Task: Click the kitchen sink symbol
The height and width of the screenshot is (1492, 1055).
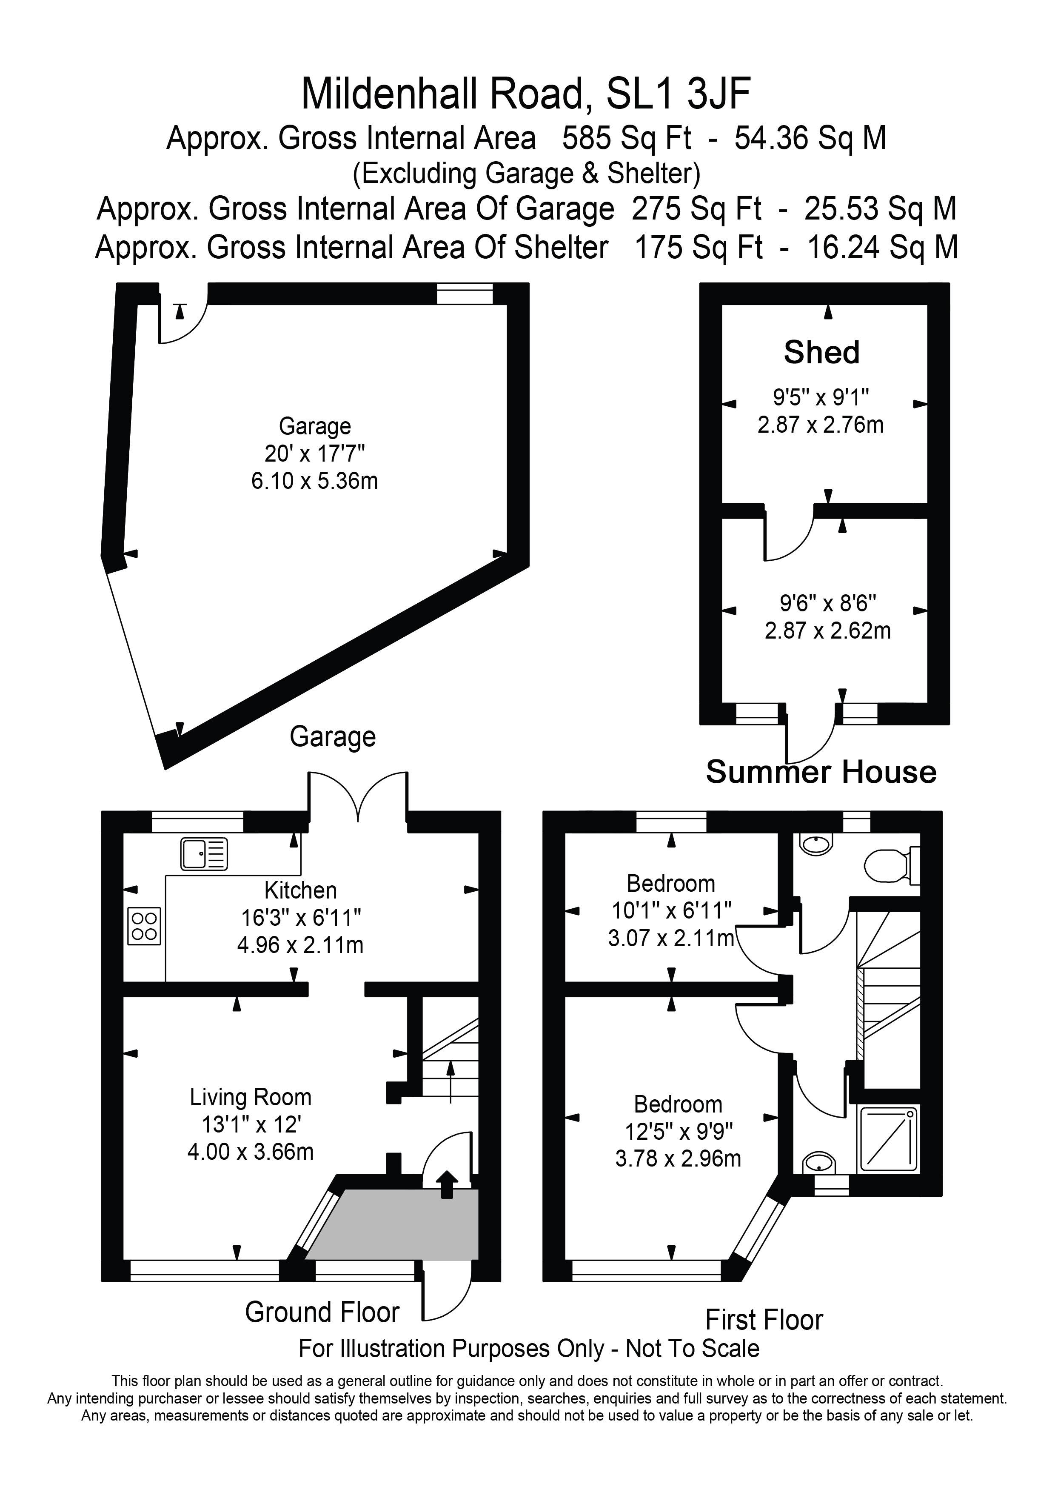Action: [x=205, y=854]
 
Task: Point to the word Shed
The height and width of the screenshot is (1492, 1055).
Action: [x=822, y=352]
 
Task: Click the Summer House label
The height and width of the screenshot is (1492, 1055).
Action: [x=821, y=772]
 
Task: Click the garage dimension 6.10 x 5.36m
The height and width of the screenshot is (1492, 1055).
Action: [x=314, y=481]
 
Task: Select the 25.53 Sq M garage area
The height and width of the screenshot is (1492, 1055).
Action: [x=880, y=209]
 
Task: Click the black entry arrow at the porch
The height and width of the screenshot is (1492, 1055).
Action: [x=447, y=1183]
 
